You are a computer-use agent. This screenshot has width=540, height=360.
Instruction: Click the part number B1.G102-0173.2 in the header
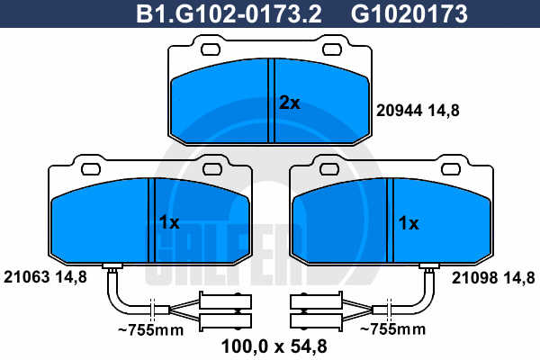pos(229,13)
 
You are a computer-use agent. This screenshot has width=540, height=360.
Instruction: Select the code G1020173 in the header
pos(409,13)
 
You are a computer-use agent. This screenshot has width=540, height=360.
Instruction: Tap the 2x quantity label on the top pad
pos(289,103)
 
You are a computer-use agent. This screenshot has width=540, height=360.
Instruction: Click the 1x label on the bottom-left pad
pos(169,222)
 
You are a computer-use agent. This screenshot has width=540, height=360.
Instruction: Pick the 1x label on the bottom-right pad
pos(409,223)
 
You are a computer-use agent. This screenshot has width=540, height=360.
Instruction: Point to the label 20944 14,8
pos(418,111)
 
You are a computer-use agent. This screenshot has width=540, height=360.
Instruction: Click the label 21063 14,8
pos(45,276)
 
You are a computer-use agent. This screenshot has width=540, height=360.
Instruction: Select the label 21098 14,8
pos(493,277)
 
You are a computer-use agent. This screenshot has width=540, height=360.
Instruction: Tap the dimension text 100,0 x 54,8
pos(274,346)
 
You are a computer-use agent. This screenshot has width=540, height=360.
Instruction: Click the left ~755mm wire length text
pos(150,330)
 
